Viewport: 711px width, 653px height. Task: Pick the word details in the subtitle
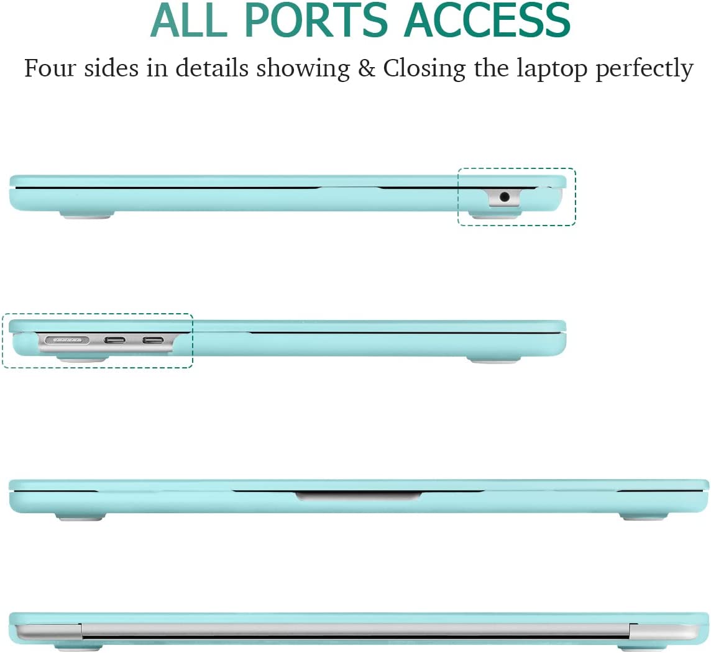click(x=212, y=68)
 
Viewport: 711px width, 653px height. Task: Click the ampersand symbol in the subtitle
click(x=367, y=69)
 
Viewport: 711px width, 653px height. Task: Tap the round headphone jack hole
click(x=504, y=197)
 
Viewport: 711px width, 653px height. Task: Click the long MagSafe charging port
click(x=67, y=339)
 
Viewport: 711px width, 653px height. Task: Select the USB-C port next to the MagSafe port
click(x=115, y=340)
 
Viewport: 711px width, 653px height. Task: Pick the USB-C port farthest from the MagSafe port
click(x=154, y=340)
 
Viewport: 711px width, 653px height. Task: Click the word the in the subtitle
click(x=492, y=68)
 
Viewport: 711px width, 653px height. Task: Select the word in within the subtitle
click(x=157, y=68)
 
